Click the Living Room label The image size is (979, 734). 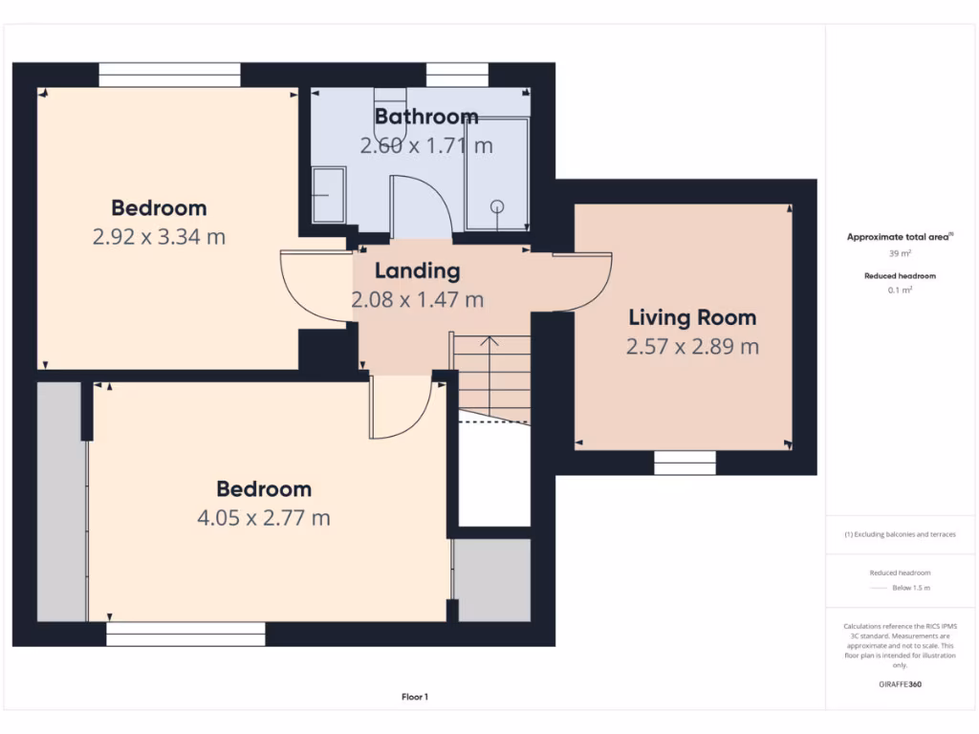[692, 317]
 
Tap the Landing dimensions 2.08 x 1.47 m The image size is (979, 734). [418, 300]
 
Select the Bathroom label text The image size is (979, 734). [426, 117]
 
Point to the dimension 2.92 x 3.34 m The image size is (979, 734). [159, 237]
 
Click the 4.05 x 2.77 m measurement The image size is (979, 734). [264, 518]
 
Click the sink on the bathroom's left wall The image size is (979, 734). [328, 195]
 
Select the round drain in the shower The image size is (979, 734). [496, 205]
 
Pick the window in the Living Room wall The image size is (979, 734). [685, 463]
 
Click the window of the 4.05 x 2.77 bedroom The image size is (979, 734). [185, 634]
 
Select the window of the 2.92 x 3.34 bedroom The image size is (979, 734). [169, 76]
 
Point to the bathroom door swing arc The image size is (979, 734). [420, 206]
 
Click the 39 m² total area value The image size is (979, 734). [899, 253]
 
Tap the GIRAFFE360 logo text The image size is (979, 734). [900, 684]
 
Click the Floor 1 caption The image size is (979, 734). [414, 697]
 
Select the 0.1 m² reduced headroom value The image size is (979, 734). [899, 290]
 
